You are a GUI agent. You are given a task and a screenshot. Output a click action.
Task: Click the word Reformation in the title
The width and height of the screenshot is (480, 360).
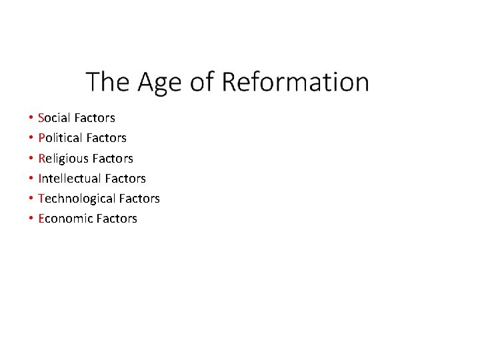pyautogui.click(x=295, y=82)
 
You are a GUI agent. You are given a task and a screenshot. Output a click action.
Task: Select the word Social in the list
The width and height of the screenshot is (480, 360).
pyautogui.click(x=55, y=118)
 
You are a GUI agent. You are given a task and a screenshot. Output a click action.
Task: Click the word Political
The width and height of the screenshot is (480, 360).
pyautogui.click(x=60, y=138)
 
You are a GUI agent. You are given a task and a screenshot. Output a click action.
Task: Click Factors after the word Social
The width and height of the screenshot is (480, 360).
pyautogui.click(x=95, y=118)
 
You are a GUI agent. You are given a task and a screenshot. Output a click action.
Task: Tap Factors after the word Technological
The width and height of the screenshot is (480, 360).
pyautogui.click(x=139, y=198)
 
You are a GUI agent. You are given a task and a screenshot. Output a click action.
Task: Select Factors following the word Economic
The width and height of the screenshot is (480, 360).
pyautogui.click(x=117, y=218)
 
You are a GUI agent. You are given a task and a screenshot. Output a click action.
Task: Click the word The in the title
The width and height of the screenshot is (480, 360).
pyautogui.click(x=108, y=82)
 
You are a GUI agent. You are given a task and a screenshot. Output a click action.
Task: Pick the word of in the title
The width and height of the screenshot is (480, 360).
pyautogui.click(x=202, y=82)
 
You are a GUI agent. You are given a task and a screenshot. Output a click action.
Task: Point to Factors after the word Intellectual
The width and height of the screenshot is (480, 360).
pyautogui.click(x=125, y=178)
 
